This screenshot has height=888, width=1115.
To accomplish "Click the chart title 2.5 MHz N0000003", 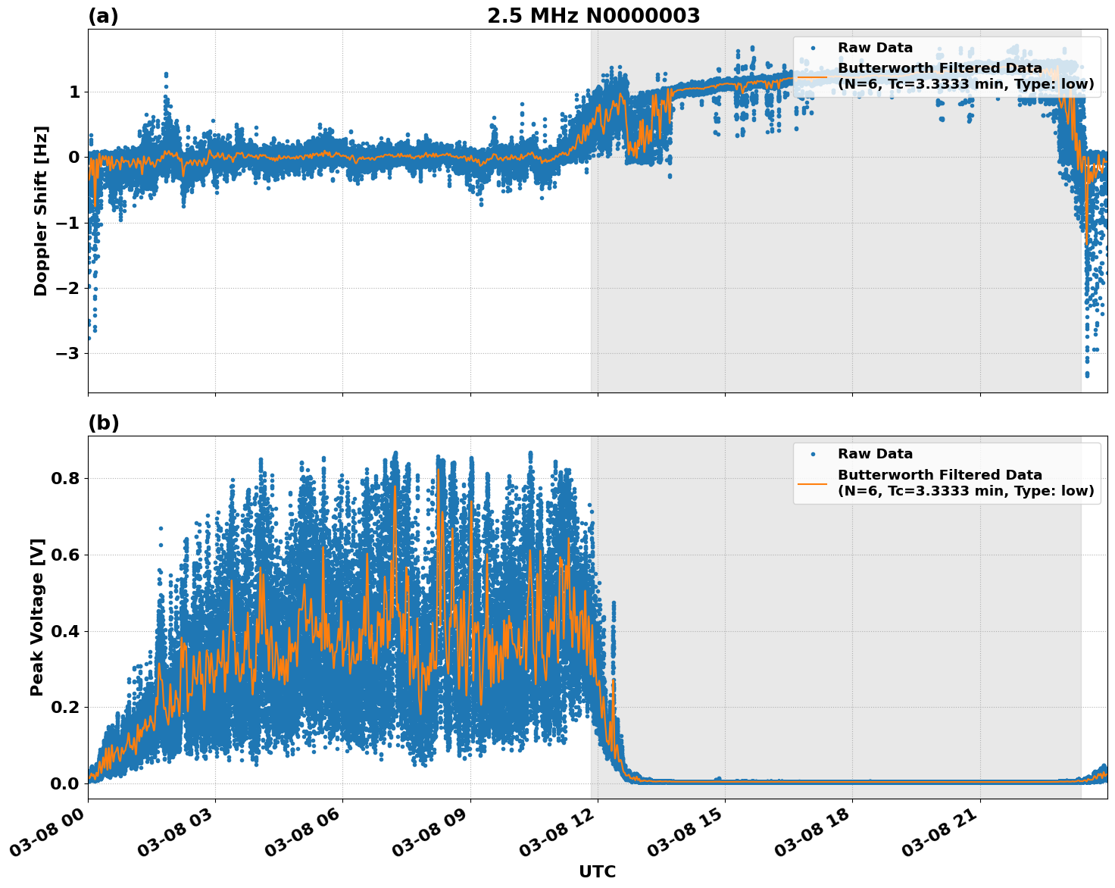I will click(x=593, y=16).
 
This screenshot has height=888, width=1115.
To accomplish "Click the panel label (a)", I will click(x=103, y=16).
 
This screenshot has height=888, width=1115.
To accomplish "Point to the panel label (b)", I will click(x=103, y=423).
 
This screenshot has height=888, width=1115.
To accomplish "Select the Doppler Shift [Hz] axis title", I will click(x=41, y=211).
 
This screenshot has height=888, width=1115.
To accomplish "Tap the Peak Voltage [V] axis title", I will click(x=37, y=617).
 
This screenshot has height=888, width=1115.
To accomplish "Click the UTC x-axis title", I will click(x=597, y=871).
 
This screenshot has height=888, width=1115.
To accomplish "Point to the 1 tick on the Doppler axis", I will click(x=74, y=92).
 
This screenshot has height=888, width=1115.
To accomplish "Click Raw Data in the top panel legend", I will click(x=875, y=48).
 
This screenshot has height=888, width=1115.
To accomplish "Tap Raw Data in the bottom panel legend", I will click(x=875, y=454).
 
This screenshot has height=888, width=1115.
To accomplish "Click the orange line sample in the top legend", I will click(x=813, y=77).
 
